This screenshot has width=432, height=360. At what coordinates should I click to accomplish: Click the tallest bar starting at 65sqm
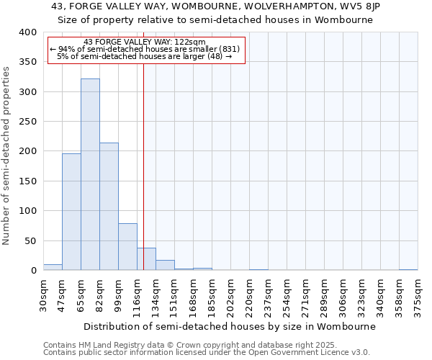click(x=90, y=174)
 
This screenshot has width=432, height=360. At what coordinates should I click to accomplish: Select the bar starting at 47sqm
click(x=71, y=212)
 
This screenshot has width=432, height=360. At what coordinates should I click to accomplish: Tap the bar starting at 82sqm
click(x=109, y=206)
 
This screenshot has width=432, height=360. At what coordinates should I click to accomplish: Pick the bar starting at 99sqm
click(x=127, y=246)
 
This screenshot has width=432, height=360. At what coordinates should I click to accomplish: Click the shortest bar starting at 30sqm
click(x=53, y=267)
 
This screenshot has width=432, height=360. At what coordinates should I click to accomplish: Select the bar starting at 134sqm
click(x=165, y=265)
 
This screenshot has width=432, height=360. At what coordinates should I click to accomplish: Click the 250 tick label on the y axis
click(x=27, y=122)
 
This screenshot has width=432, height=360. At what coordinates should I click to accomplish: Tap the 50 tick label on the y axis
click(x=30, y=240)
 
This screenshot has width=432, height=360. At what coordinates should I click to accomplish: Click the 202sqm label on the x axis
click(x=231, y=295)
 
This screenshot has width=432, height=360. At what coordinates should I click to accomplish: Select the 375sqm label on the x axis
click(x=418, y=295)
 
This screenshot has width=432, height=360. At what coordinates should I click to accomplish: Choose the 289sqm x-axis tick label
click(x=325, y=295)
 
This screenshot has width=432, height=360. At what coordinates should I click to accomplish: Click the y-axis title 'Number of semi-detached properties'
click(x=6, y=155)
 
